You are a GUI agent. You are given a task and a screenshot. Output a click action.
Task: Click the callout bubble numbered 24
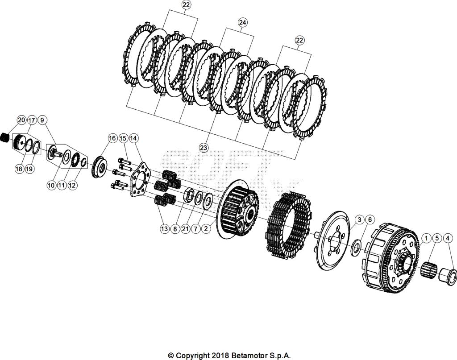242,22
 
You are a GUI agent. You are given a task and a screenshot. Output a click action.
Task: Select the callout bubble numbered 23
204,148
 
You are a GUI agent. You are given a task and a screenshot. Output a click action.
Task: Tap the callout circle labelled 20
21,120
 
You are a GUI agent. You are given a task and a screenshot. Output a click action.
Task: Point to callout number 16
112,138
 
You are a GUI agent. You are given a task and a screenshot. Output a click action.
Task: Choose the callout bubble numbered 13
165,229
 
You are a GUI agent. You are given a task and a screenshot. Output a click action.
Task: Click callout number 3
359,219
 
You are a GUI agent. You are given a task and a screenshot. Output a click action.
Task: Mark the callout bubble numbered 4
448,238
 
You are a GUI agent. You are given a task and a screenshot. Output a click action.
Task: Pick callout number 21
185,229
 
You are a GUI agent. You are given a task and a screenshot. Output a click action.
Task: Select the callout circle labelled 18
19,170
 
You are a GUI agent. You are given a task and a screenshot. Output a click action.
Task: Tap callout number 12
72,186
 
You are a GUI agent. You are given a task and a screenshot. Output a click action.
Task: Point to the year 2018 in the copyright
220,356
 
